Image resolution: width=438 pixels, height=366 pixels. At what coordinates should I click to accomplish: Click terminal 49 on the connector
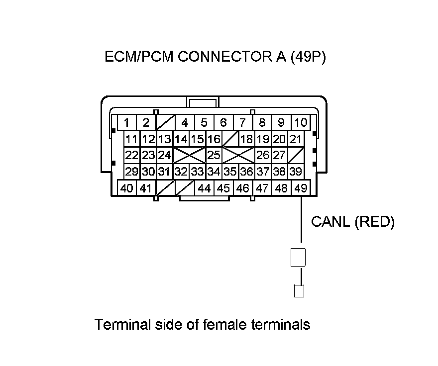[x=300, y=188]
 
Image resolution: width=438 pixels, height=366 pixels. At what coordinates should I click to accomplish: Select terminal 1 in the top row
[x=127, y=122]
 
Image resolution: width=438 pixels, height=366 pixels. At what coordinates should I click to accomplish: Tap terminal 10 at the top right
[x=300, y=122]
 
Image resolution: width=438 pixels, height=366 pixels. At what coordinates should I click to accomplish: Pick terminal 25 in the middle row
[x=214, y=155]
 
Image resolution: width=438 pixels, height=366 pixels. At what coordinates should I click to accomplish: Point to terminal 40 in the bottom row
[x=127, y=188]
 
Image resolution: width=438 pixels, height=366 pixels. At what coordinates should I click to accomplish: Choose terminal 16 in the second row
[x=214, y=139]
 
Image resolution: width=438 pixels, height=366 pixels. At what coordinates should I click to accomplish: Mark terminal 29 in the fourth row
[x=132, y=172]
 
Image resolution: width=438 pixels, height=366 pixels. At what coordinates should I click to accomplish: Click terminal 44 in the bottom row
[x=204, y=188]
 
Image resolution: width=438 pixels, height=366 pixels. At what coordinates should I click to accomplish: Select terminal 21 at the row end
[x=296, y=139]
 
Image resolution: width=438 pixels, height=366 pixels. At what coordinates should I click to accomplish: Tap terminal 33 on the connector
[x=198, y=172]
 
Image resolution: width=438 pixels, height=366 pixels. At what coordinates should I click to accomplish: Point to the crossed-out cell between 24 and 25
[x=189, y=155]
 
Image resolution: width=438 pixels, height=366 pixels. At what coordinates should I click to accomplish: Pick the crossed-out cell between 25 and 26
[x=238, y=155]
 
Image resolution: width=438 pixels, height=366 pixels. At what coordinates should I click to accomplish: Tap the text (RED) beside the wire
[x=374, y=222]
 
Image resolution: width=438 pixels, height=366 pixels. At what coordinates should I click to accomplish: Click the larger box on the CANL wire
[x=298, y=258]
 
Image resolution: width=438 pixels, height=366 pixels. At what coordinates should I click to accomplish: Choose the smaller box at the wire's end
[x=299, y=290]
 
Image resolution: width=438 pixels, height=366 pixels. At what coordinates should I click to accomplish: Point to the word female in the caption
[x=228, y=325]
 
